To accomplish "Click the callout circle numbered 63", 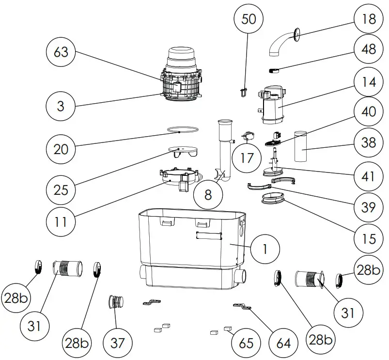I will tap(61, 52).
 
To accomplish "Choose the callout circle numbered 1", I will tap(265, 249).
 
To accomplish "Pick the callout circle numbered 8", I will tap(208, 195).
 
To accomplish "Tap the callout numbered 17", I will tap(247, 158).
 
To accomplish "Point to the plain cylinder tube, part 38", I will tap(302, 146).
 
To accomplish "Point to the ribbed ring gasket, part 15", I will tap(275, 199).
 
